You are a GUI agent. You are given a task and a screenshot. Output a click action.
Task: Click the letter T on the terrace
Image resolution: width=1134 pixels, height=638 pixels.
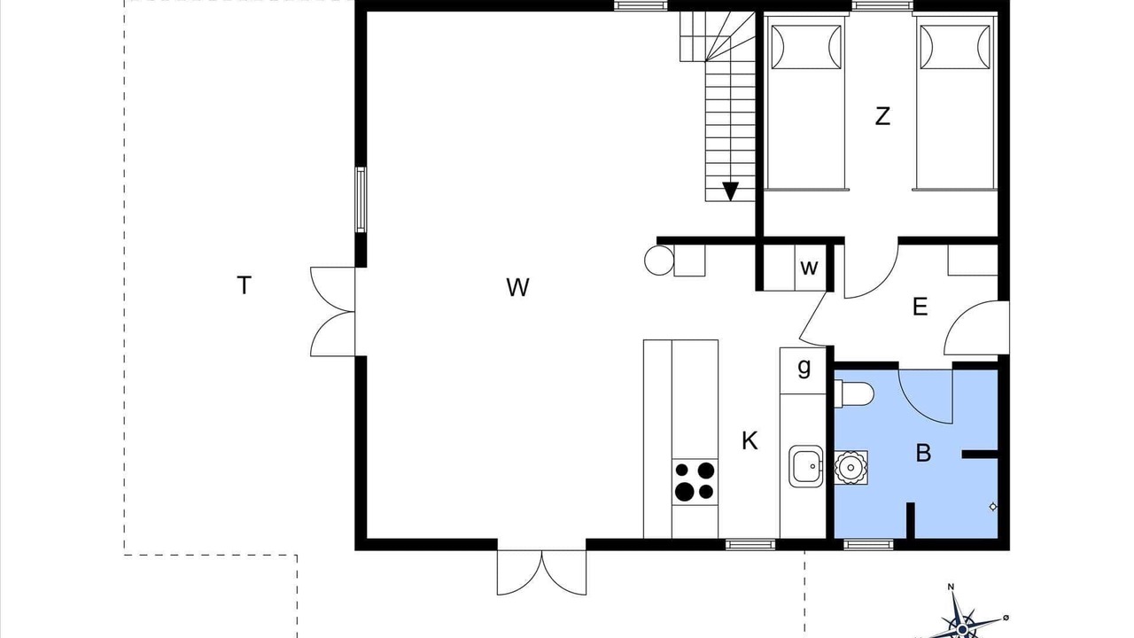[x=244, y=285]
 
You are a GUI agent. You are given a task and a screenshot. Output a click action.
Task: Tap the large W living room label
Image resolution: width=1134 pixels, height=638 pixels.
[x=517, y=288]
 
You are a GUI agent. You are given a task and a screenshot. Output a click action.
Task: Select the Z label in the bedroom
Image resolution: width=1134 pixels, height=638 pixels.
[x=882, y=116]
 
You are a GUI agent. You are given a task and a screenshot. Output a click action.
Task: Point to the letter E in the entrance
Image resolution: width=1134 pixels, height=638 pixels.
[x=920, y=307]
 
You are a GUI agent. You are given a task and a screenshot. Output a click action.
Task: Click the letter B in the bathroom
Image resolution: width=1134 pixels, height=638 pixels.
[x=923, y=453]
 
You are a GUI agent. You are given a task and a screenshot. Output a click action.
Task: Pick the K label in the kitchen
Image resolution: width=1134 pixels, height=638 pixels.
[x=750, y=441]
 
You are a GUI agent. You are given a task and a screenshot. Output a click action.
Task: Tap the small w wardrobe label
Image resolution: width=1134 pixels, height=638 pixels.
[x=809, y=268]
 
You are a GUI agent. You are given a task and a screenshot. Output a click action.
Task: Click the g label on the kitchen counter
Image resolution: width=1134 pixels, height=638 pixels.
[x=804, y=368]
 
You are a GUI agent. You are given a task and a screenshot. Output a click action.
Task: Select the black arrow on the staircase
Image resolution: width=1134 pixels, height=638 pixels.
[x=731, y=191]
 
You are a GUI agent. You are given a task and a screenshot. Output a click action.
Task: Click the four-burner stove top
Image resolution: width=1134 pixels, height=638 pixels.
[x=695, y=481]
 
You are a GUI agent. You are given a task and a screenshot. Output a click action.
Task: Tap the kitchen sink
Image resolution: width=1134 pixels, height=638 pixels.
[x=805, y=466]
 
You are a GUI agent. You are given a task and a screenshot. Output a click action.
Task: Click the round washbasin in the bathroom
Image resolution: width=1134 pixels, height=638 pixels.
[x=850, y=467]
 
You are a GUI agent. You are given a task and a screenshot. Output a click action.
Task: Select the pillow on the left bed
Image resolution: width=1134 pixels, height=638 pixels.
[x=806, y=47]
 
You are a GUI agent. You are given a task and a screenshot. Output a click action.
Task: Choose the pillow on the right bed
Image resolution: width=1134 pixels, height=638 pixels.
[x=955, y=47]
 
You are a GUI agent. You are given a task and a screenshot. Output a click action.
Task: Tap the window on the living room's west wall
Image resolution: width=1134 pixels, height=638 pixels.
[x=361, y=199]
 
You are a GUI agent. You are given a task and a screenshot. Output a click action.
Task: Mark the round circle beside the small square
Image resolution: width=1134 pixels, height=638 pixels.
[x=659, y=261]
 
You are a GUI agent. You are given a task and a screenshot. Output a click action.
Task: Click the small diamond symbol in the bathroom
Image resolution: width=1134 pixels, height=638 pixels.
[x=993, y=507]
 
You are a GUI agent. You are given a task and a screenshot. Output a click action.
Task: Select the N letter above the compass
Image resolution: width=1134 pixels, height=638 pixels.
[x=951, y=587]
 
